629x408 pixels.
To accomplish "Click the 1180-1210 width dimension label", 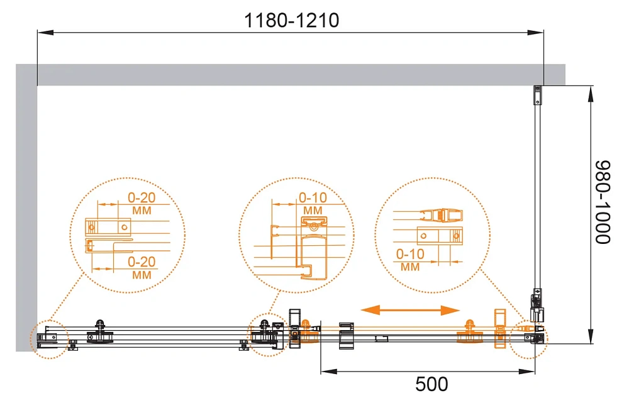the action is pyautogui.click(x=292, y=21).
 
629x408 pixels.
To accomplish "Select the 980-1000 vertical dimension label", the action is pyautogui.click(x=603, y=202).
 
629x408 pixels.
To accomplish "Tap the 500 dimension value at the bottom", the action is pyautogui.click(x=431, y=384).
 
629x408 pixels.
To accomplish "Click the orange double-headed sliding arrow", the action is pyautogui.click(x=410, y=310).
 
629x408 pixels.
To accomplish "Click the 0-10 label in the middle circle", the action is pyautogui.click(x=313, y=197).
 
